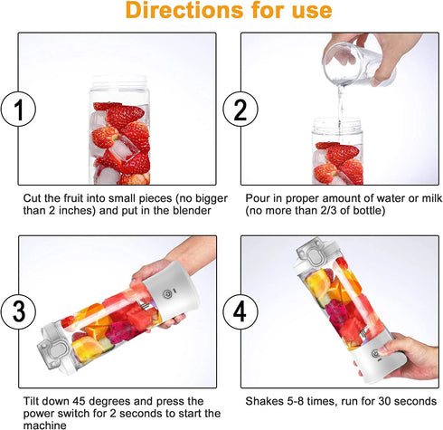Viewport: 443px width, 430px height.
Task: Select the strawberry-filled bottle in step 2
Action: (x=338, y=154)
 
